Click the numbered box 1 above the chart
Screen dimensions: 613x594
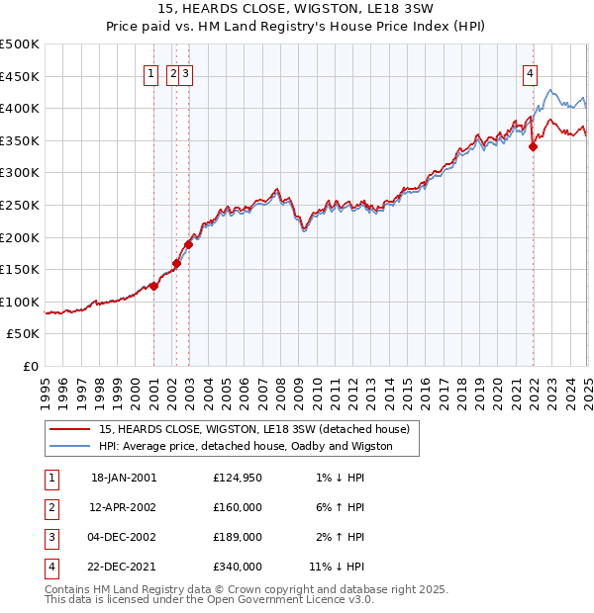[151, 72]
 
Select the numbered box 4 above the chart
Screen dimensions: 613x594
[531, 72]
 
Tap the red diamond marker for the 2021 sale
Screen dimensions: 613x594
[533, 146]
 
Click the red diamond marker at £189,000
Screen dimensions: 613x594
[188, 244]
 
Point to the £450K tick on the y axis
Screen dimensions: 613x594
[22, 76]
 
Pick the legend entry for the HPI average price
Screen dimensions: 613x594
[246, 446]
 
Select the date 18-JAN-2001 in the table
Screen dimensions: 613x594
[124, 479]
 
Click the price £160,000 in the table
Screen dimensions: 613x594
[237, 507]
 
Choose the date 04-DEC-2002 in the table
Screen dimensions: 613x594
[124, 537]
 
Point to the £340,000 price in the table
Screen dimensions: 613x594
[237, 567]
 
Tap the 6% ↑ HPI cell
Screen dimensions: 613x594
[340, 507]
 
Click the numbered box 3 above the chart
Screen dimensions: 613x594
[186, 72]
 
